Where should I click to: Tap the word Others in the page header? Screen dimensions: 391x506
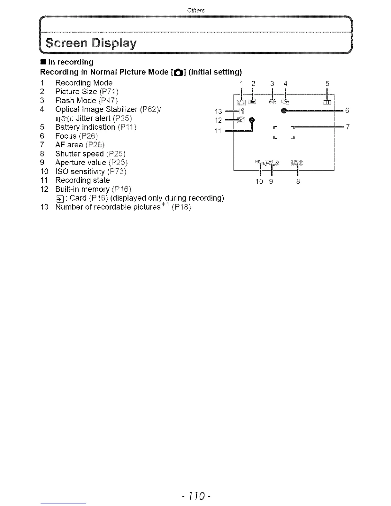click(x=196, y=10)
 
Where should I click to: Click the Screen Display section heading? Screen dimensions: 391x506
click(x=91, y=43)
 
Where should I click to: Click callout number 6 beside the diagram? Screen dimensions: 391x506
click(x=347, y=111)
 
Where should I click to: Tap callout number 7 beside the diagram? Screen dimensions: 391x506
click(x=348, y=127)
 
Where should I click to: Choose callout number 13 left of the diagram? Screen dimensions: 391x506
click(x=218, y=111)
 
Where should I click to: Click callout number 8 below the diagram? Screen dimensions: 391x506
click(x=298, y=181)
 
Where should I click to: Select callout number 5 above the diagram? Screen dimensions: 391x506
click(x=327, y=84)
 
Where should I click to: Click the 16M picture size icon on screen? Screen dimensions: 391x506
click(x=252, y=102)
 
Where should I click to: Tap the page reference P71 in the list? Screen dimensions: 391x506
click(x=109, y=92)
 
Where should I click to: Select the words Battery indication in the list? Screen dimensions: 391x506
click(x=85, y=127)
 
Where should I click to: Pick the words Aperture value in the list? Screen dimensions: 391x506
click(x=80, y=163)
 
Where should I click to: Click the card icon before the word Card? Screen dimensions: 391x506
click(x=59, y=199)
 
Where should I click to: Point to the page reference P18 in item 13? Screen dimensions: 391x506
click(x=181, y=207)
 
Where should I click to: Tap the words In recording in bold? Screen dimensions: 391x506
click(x=71, y=62)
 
